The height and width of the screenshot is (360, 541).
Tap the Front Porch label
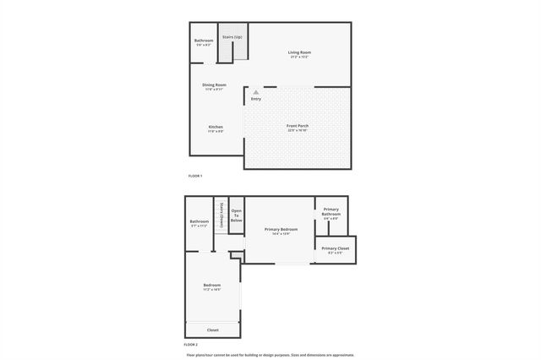pyautogui.click(x=298, y=126)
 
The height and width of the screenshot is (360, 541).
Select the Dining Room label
pyautogui.click(x=214, y=85)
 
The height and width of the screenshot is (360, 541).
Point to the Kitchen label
pyautogui.click(x=216, y=127)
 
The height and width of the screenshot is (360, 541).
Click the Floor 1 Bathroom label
pyautogui.click(x=204, y=41)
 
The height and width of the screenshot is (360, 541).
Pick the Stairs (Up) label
pyautogui.click(x=232, y=37)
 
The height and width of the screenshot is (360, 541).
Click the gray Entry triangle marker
pyautogui.click(x=256, y=92)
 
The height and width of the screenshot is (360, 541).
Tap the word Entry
pyautogui.click(x=256, y=100)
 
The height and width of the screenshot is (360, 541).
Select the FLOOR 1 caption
pyautogui.click(x=195, y=176)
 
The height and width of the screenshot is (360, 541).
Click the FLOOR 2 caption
pyautogui.click(x=191, y=345)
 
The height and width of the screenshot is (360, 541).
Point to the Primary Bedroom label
pyautogui.click(x=281, y=230)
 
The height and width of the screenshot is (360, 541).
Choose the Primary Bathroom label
pyautogui.click(x=331, y=211)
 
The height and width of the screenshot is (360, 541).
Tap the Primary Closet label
pyautogui.click(x=335, y=248)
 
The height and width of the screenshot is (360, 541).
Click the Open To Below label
pyautogui.click(x=237, y=215)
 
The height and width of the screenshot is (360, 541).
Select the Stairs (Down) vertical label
pyautogui.click(x=220, y=215)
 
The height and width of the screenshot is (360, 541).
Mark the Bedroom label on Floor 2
pyautogui.click(x=212, y=286)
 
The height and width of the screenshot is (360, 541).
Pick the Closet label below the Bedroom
pyautogui.click(x=212, y=330)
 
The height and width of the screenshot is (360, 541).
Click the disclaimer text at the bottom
pyautogui.click(x=270, y=355)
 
